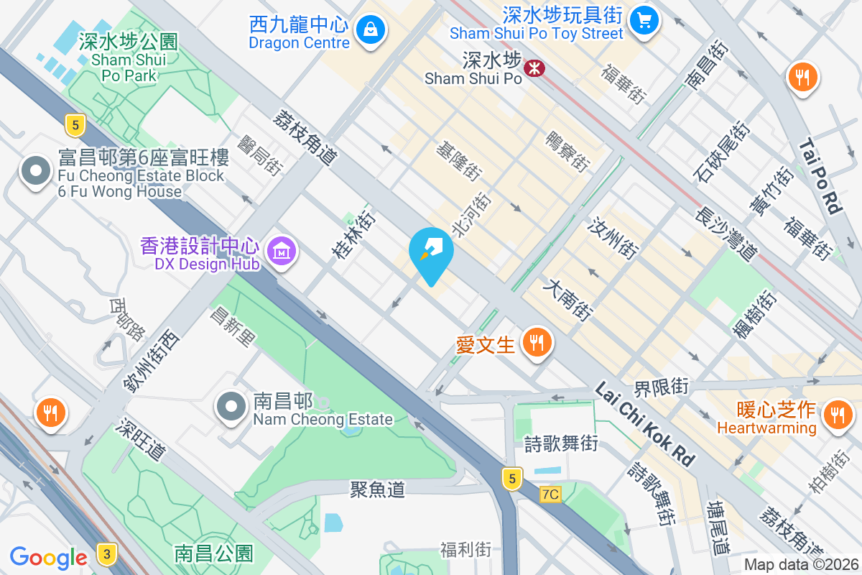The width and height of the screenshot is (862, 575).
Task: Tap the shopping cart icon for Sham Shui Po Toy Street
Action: (x=644, y=20)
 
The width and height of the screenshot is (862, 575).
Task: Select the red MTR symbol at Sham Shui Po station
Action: (x=534, y=68)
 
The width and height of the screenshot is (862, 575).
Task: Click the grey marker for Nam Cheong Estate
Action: (x=231, y=407)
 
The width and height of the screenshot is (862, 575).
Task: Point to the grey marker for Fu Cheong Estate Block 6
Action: (x=34, y=171)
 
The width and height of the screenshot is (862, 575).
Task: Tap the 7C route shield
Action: (x=550, y=494)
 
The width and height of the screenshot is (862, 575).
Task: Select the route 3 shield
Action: (x=106, y=553)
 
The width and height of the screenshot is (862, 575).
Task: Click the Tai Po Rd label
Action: (x=820, y=175)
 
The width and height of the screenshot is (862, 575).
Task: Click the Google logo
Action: (x=48, y=557)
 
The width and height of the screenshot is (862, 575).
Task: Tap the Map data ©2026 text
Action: (x=800, y=564)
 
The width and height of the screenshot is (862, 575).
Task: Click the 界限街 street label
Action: (x=661, y=387)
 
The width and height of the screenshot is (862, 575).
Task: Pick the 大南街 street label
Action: (x=568, y=300)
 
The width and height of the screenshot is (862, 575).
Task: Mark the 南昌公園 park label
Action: (x=213, y=553)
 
